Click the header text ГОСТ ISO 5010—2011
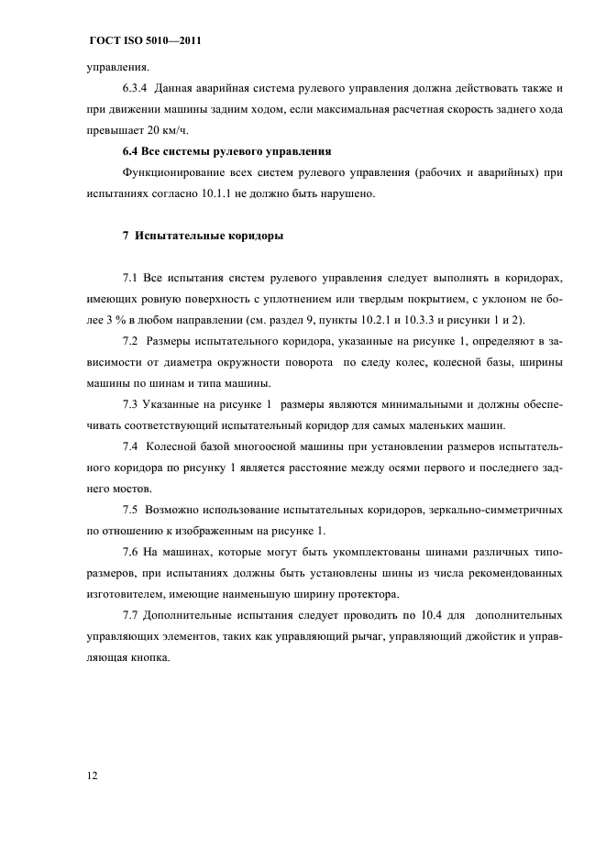point(144,42)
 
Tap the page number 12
point(93,775)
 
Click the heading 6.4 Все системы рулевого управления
point(226,150)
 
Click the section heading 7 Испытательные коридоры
point(203,236)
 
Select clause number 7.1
point(129,276)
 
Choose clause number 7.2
point(129,341)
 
